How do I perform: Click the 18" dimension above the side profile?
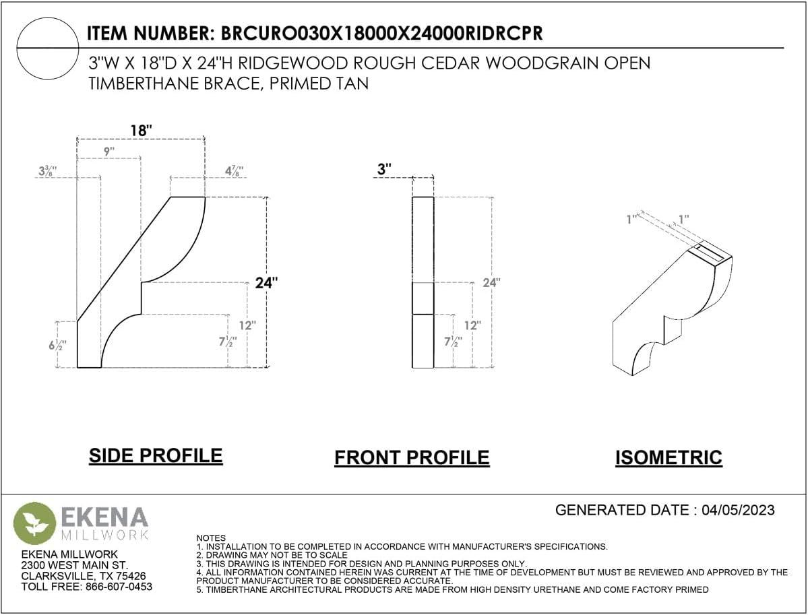[142, 130]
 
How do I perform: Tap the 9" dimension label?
[108, 152]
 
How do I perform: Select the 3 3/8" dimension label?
[47, 171]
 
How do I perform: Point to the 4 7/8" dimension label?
[234, 171]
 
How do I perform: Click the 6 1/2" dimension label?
[58, 345]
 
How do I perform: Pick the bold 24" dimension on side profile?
[266, 282]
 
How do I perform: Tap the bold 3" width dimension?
[384, 169]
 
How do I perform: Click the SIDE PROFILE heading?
[156, 456]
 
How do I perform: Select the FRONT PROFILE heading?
[412, 457]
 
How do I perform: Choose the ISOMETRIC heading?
[669, 457]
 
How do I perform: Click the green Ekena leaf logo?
[34, 523]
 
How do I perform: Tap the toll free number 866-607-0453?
[119, 587]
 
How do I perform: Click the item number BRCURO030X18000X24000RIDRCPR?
[382, 33]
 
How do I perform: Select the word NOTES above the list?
[211, 538]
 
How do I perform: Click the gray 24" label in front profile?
[491, 282]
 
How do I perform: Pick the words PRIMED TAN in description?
[319, 84]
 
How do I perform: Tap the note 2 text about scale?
[272, 555]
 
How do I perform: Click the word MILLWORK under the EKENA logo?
[105, 535]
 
